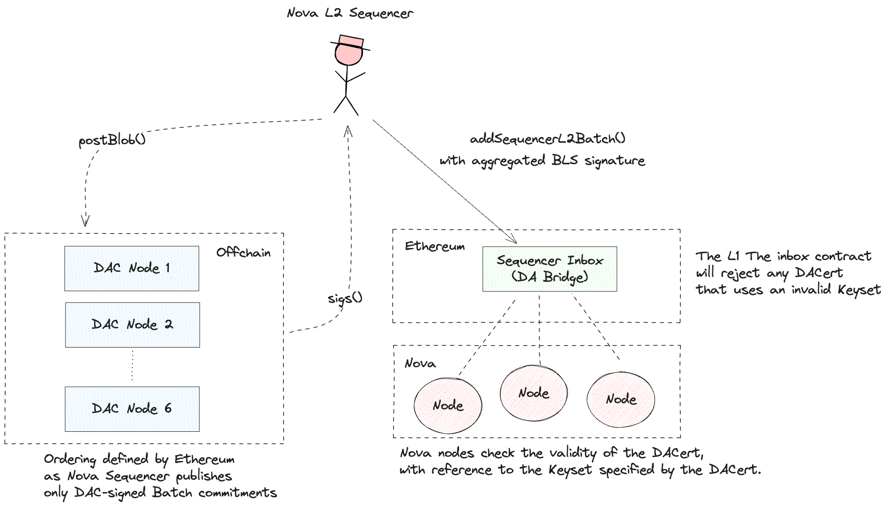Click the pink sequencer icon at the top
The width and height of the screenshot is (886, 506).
tap(349, 50)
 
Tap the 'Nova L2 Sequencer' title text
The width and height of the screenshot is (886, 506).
tap(350, 13)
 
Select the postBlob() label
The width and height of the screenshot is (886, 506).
tap(112, 140)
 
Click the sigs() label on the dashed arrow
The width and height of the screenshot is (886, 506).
tap(345, 298)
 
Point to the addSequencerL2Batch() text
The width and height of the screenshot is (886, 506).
tap(547, 139)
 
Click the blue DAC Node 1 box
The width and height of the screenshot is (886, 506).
tap(132, 269)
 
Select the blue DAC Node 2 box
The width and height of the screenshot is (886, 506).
tap(132, 325)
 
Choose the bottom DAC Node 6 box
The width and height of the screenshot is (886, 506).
tap(132, 409)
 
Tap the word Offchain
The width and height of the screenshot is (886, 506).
tap(243, 252)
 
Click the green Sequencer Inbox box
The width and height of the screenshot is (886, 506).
tap(550, 269)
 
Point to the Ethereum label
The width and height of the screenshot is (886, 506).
tap(435, 247)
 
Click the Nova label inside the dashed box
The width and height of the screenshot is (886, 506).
tap(420, 363)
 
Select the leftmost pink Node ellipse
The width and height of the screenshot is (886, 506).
tap(448, 405)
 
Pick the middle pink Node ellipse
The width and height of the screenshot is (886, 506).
tap(534, 393)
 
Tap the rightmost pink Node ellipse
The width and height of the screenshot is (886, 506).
tap(621, 399)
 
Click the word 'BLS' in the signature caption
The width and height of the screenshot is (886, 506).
tap(565, 160)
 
